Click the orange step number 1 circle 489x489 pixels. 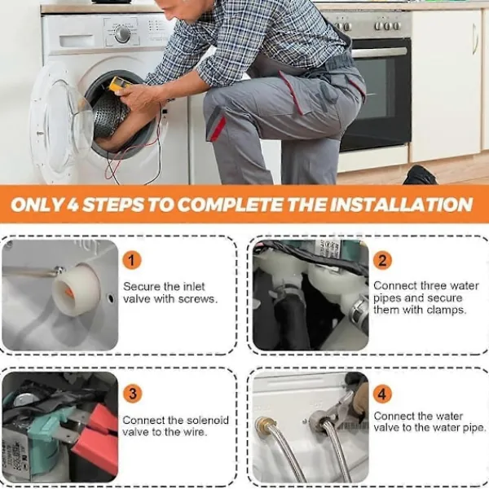(x=131, y=261)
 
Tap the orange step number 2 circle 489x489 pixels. (x=382, y=261)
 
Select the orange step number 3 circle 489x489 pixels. (x=133, y=394)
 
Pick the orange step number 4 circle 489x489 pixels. (x=382, y=394)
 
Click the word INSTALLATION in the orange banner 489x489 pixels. (x=401, y=205)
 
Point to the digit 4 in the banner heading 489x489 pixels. (x=73, y=205)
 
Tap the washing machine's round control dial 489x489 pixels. (x=122, y=34)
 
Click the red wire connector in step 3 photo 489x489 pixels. (x=97, y=441)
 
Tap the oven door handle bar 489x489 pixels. (x=379, y=53)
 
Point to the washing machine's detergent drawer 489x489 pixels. (x=77, y=41)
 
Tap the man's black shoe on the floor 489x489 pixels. (x=420, y=175)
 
